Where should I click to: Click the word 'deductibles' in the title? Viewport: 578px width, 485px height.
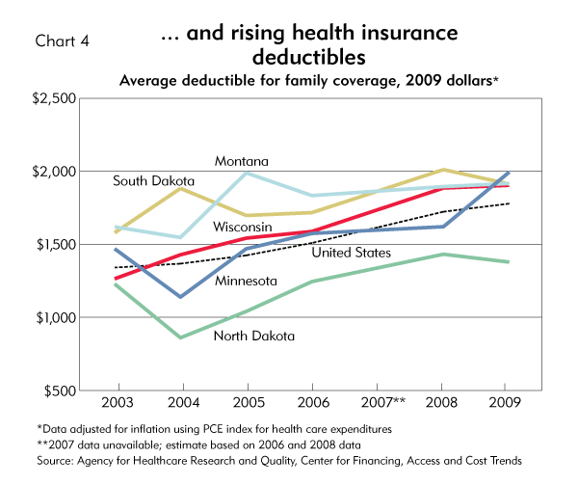click(x=309, y=56)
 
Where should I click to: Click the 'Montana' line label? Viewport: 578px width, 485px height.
click(x=241, y=160)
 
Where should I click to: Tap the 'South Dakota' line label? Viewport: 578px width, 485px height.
click(x=153, y=180)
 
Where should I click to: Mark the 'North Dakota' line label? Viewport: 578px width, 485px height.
click(x=253, y=336)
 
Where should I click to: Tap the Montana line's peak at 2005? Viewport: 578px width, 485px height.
click(x=247, y=173)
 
